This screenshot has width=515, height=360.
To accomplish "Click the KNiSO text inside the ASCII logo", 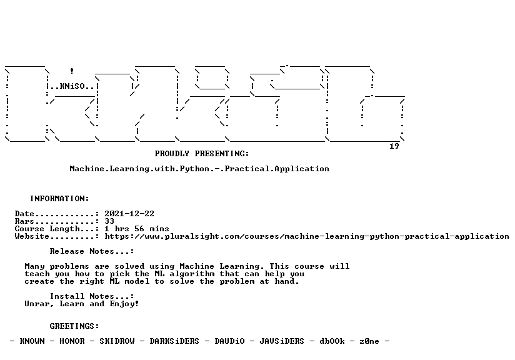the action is (x=72, y=86).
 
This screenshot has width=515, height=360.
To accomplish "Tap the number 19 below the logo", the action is (x=394, y=146).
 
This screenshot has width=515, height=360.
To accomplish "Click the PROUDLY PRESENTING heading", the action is (x=202, y=153).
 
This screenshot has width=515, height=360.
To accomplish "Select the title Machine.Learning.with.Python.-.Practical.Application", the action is (x=199, y=169).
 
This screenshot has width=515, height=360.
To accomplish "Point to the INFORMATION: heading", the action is (x=59, y=199).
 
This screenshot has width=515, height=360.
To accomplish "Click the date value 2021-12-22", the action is (x=129, y=214).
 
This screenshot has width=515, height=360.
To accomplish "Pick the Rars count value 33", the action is (x=109, y=221).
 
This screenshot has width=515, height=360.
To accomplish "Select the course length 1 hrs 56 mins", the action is (x=137, y=229).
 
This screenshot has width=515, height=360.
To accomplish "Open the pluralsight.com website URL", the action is (x=307, y=236).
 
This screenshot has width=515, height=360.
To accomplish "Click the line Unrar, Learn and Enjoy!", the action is (x=82, y=304).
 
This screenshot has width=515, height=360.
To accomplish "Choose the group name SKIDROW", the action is (x=117, y=341).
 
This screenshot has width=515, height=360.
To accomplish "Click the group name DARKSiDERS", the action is (x=174, y=341).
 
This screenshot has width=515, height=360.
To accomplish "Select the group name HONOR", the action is (x=72, y=341).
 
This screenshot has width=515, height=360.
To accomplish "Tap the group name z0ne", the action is (x=369, y=341).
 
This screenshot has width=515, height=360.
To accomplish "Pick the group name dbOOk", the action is (x=332, y=341).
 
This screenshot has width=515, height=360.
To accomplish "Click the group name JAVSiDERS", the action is (x=282, y=341).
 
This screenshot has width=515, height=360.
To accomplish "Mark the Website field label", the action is (x=32, y=236).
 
